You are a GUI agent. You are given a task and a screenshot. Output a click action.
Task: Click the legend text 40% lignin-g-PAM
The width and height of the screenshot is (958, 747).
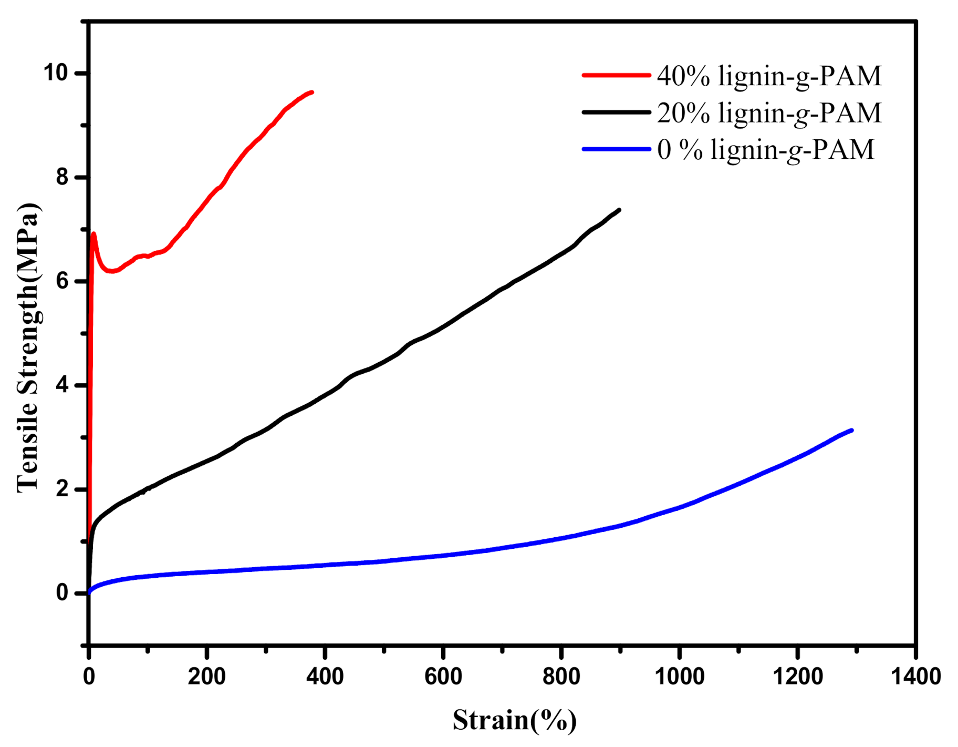pyautogui.click(x=769, y=76)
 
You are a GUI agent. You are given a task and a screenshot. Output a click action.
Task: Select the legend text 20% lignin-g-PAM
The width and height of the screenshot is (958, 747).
pyautogui.click(x=769, y=113)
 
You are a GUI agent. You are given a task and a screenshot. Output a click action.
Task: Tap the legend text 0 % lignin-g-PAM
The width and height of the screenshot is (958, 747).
pyautogui.click(x=765, y=150)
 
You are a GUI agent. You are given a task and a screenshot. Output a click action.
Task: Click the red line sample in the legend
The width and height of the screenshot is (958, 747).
pyautogui.click(x=616, y=75)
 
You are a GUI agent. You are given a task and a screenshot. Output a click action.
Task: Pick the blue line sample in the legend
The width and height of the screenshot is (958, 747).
pyautogui.click(x=616, y=149)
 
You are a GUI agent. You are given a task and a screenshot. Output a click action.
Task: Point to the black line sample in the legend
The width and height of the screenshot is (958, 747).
pyautogui.click(x=616, y=112)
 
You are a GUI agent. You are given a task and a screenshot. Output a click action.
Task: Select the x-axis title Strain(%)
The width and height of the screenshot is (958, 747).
pyautogui.click(x=515, y=720)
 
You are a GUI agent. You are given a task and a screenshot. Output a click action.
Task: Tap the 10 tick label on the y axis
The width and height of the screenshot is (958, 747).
pyautogui.click(x=56, y=73)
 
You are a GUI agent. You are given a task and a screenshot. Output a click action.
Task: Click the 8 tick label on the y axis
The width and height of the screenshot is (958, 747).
pyautogui.click(x=63, y=177)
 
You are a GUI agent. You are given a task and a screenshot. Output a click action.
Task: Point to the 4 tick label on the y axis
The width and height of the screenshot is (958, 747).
pyautogui.click(x=63, y=385)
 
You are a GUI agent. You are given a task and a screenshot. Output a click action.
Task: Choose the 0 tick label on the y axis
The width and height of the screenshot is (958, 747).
pyautogui.click(x=63, y=593)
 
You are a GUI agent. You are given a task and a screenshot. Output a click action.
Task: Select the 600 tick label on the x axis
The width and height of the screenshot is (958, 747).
pyautogui.click(x=443, y=677)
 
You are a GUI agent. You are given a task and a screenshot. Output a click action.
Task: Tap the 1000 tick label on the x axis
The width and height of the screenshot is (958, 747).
pyautogui.click(x=680, y=677)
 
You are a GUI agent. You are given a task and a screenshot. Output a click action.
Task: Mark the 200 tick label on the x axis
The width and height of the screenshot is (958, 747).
pyautogui.click(x=207, y=677)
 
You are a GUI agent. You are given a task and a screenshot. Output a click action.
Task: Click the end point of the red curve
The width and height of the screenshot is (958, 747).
pyautogui.click(x=312, y=92)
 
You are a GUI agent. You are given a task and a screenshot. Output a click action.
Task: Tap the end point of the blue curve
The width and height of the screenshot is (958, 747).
pyautogui.click(x=851, y=430)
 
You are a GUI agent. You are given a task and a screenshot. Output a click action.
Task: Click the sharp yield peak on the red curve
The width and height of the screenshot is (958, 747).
pyautogui.click(x=93, y=233)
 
